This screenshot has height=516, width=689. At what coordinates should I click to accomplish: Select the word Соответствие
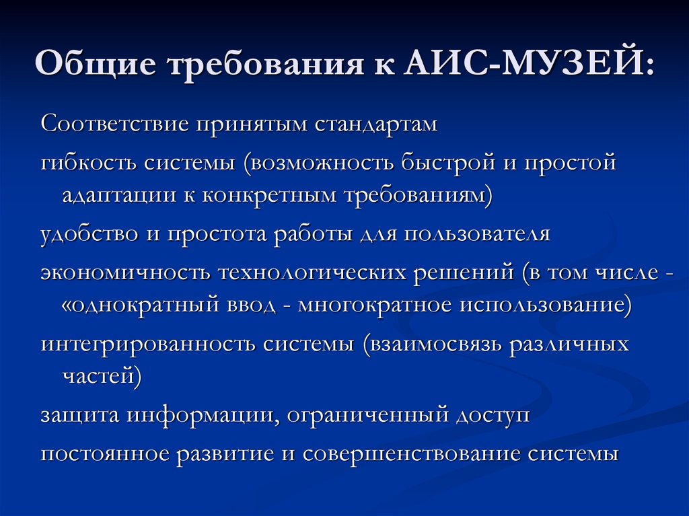[x=114, y=124]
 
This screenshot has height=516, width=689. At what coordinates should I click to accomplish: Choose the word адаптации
[x=119, y=196]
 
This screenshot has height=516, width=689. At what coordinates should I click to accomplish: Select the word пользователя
[x=477, y=234]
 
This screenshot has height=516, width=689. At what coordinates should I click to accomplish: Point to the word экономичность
[x=125, y=272]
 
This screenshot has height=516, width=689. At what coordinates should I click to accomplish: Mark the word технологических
[x=312, y=272]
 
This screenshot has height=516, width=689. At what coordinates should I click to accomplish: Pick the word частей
[x=98, y=377]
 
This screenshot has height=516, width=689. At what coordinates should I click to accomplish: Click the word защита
[x=80, y=416]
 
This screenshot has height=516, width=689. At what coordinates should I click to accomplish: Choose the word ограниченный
[x=368, y=416]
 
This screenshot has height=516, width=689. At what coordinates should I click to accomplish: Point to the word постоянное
[x=105, y=453]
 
